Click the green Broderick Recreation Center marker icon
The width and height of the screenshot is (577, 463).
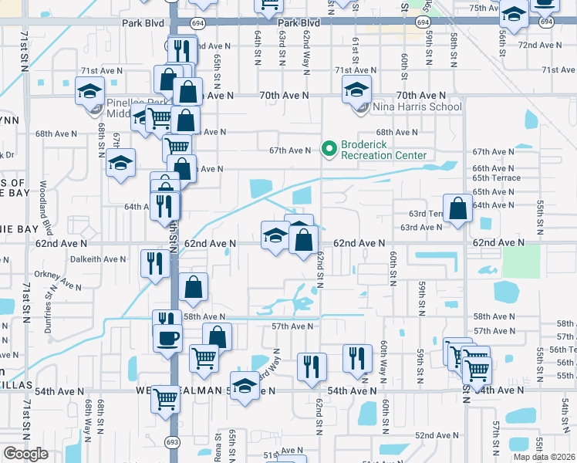pyautogui.click(x=329, y=147)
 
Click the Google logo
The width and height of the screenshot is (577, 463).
pyautogui.click(x=25, y=454)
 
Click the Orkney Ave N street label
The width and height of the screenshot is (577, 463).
pyautogui.click(x=57, y=281)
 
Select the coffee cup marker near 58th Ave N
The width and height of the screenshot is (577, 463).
pyautogui.click(x=168, y=337)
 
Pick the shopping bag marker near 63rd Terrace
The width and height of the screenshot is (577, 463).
pyautogui.click(x=458, y=208)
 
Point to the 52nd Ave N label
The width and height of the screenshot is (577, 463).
pyautogui.click(x=437, y=435)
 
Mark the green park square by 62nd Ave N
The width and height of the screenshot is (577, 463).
pyautogui.click(x=521, y=262)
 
